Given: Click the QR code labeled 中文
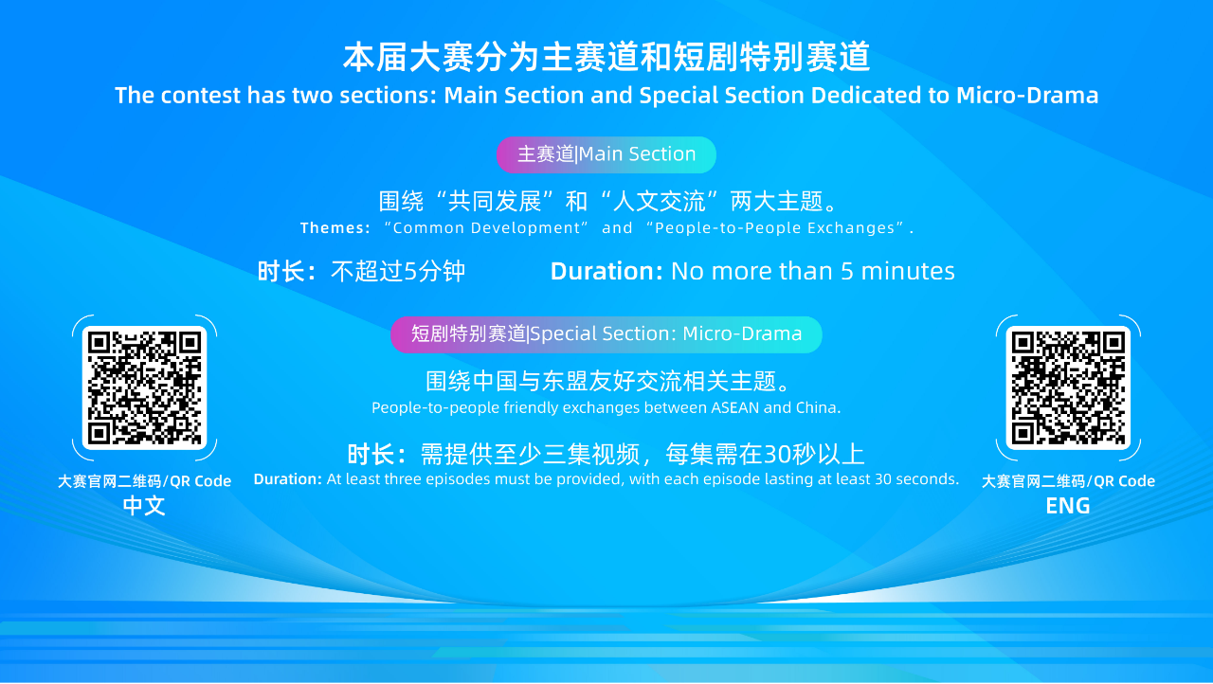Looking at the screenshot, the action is (x=145, y=387).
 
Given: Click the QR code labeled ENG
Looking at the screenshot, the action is (x=1068, y=387).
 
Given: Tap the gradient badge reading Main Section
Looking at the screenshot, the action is (x=606, y=154).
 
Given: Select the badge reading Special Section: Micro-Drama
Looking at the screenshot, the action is (x=606, y=334).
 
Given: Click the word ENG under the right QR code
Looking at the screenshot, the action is (x=1068, y=506).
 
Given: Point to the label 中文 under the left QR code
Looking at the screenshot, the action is (x=144, y=506).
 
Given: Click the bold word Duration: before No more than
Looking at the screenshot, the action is (x=606, y=271).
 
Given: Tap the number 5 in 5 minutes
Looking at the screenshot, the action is (x=847, y=272).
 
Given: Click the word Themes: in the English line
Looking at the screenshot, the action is (x=335, y=227).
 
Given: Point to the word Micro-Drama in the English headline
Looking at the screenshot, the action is (x=1027, y=96).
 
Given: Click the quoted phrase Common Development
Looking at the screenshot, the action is (x=486, y=227).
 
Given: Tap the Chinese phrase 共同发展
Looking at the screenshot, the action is (x=495, y=202).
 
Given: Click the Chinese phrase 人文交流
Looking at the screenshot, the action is (x=660, y=202).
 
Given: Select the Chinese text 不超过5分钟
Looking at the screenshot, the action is (x=398, y=271).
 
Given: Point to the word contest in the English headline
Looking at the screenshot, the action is (x=200, y=96).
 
